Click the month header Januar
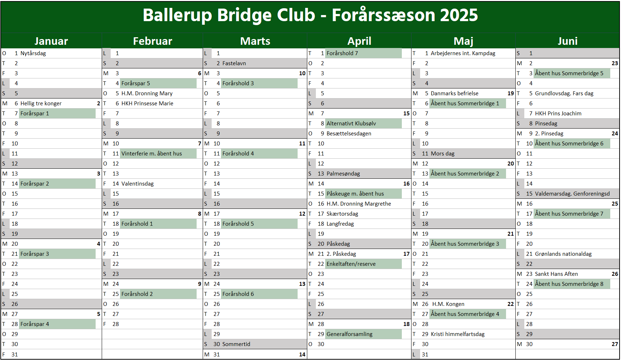coord(51,41)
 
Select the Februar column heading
coord(153,41)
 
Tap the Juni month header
coord(568,41)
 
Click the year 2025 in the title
coord(459,15)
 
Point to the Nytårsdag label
coord(33,53)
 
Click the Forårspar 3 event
coord(35,254)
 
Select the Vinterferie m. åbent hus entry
coord(151,154)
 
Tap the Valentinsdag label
coord(138,184)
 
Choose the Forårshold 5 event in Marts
coord(238,224)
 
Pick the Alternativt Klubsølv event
coord(351,124)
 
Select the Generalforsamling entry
coord(350,334)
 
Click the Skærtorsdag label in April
coord(342,214)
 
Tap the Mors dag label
coord(443,154)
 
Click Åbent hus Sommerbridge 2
coord(465,174)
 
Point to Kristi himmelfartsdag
coord(458,334)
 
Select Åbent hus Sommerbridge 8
coord(569,284)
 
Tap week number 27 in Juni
coord(615,344)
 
